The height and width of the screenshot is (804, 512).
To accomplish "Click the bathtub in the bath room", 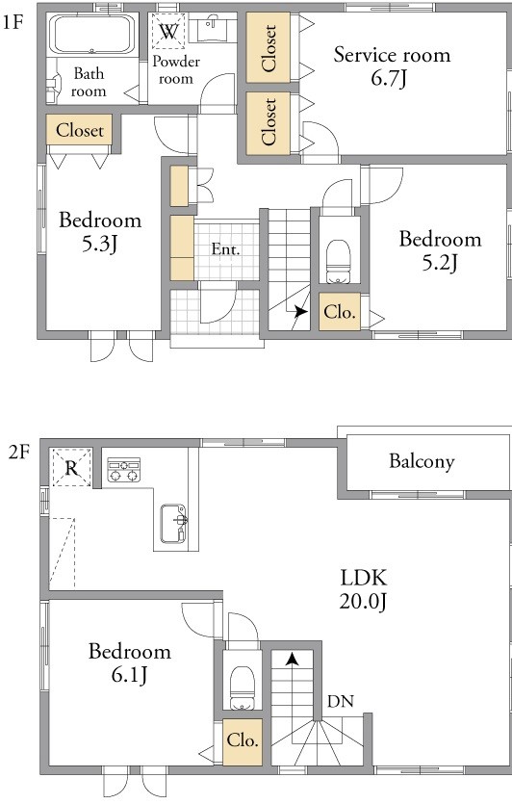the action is (x=91, y=35).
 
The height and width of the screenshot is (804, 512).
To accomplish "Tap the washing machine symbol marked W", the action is (x=168, y=32).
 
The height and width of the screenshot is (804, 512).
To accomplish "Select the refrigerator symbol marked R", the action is (x=71, y=467).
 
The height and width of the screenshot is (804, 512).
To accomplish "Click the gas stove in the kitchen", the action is (x=123, y=470).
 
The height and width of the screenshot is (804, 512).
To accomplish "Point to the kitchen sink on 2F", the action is (x=173, y=523).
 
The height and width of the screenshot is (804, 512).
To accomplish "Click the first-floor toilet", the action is (x=338, y=261).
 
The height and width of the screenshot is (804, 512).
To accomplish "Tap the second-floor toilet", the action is (x=243, y=688).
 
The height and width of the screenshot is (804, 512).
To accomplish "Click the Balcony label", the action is (x=422, y=461).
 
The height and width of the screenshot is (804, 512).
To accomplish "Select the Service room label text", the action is (x=392, y=54).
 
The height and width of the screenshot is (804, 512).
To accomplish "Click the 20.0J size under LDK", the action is (x=363, y=601).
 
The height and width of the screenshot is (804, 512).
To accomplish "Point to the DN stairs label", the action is (x=341, y=701).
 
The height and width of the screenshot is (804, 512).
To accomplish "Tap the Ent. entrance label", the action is (x=225, y=249).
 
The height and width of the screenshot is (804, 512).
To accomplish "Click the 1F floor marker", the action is (x=13, y=23).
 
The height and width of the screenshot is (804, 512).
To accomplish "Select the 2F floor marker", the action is (x=19, y=453).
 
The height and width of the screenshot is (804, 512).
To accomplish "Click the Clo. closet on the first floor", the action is (x=340, y=311).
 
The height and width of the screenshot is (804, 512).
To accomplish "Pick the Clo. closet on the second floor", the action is (x=243, y=741).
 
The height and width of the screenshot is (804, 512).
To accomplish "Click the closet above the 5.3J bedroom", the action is (x=79, y=130).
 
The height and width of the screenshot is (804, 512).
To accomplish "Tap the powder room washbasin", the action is (x=212, y=28).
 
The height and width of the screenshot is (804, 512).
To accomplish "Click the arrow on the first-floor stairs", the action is (x=300, y=311).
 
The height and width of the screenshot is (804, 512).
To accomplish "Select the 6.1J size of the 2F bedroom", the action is (x=130, y=675).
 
